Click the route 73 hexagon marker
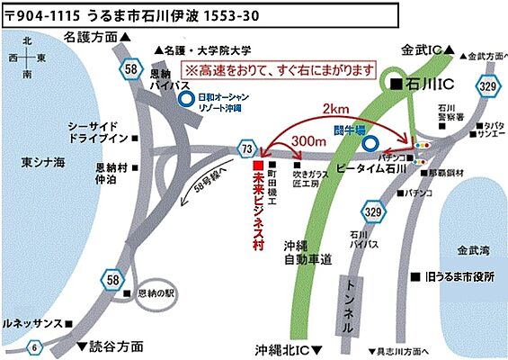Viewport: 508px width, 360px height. click(x=246, y=148)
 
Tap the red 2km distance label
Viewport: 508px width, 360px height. click(x=337, y=108)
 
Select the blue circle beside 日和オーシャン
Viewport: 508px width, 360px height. click(x=185, y=101)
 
